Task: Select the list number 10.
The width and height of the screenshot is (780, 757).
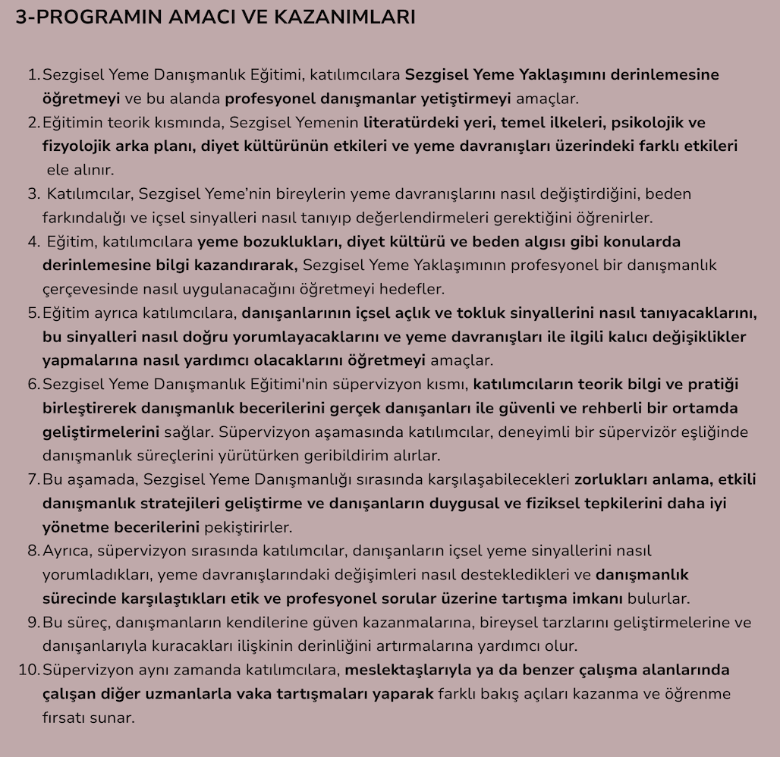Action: pyautogui.click(x=28, y=670)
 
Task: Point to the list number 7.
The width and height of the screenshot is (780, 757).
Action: pyautogui.click(x=33, y=479)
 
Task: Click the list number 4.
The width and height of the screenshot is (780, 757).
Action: pyautogui.click(x=33, y=242)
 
